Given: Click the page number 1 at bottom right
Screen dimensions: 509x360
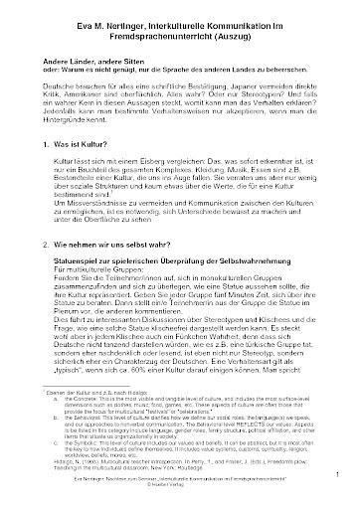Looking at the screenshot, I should [x=337, y=487].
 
